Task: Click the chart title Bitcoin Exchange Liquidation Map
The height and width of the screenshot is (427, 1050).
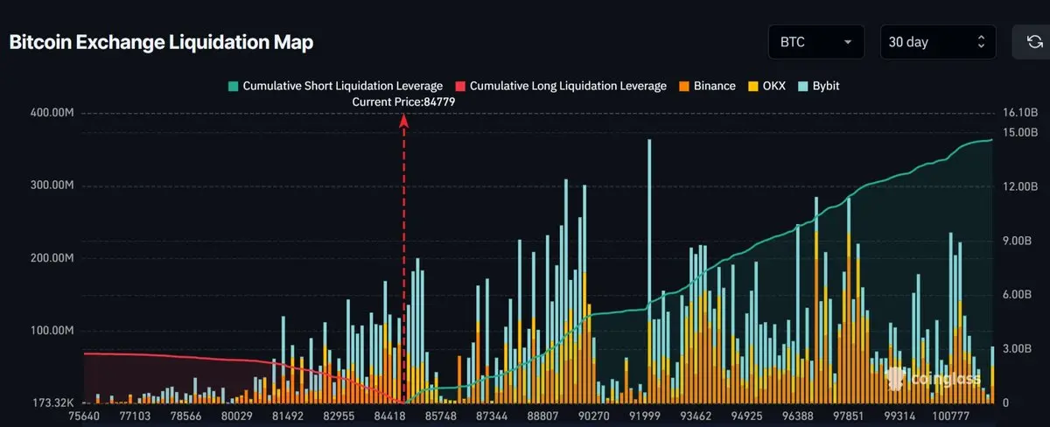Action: [x=161, y=42]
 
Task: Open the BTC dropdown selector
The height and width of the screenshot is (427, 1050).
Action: [x=815, y=42]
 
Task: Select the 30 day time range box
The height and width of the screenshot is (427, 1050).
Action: [x=937, y=42]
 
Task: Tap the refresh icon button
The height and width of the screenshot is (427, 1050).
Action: [x=1029, y=42]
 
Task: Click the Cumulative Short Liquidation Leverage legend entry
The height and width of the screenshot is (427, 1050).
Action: [x=335, y=87]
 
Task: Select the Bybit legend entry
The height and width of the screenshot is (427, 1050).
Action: [x=819, y=87]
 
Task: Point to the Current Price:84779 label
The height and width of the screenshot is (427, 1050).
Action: [x=403, y=102]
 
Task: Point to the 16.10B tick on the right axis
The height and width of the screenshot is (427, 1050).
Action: [x=1019, y=113]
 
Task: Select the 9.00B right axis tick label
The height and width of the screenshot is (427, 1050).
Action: [x=1018, y=241]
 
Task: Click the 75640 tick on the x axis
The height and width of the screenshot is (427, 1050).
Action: [x=84, y=416]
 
